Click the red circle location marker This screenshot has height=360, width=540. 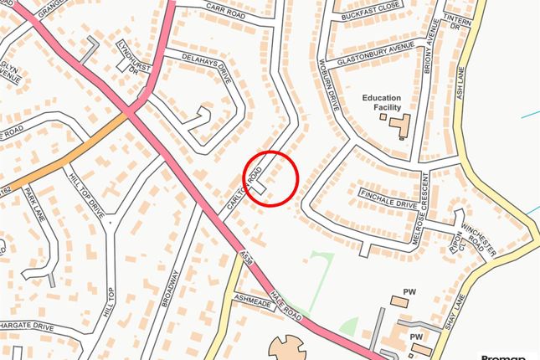pyautogui.click(x=270, y=178)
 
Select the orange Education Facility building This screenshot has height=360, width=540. pyautogui.click(x=398, y=125)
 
